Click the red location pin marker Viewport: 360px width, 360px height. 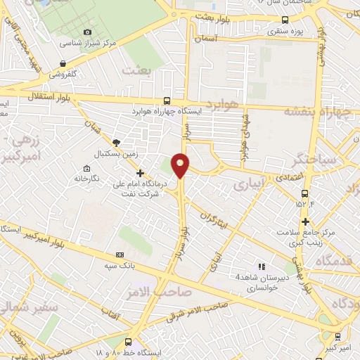181,165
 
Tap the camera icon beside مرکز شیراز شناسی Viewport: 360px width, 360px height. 87,32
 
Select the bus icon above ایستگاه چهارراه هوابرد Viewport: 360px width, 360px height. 167,101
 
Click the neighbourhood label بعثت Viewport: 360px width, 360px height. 137,71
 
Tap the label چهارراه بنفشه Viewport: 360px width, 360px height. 320,111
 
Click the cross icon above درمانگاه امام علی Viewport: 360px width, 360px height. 140,173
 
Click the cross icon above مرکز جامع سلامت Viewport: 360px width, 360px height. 304,222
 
